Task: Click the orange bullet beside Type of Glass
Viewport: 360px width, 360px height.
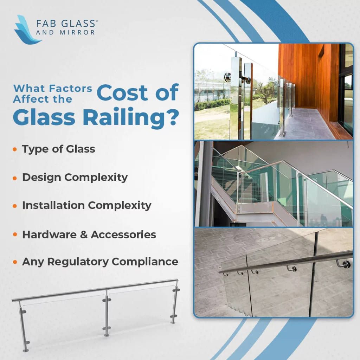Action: (15, 149)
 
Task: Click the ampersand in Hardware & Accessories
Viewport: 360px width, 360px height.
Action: (84, 234)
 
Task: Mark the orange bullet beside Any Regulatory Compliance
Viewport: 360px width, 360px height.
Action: (15, 262)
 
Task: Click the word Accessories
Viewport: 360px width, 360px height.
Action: (123, 234)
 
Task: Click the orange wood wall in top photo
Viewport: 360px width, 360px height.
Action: (306, 77)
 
